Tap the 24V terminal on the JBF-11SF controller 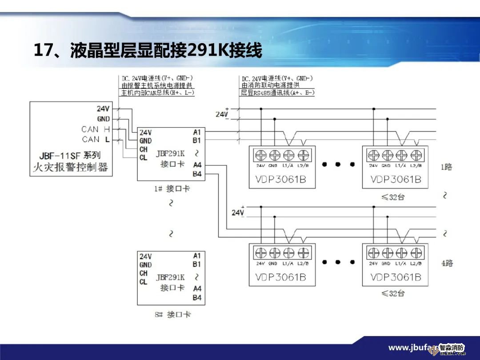coord(103,108)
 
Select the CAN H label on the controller coord(96,129)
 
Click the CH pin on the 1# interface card coord(144,149)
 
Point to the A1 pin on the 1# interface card coord(197,132)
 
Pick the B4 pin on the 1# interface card coord(197,174)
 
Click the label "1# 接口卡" coord(172,188)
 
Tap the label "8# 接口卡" coord(173,315)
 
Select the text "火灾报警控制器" coord(71,168)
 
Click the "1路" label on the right coord(446,167)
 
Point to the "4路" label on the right coord(447,263)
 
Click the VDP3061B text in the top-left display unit coord(280,180)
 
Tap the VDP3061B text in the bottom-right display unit coord(396,277)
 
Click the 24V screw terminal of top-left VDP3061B coord(261,155)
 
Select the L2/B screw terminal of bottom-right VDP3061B coord(416,252)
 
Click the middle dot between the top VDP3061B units coord(338,164)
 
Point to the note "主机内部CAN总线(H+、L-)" coord(158,93)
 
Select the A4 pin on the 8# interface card coord(197,289)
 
